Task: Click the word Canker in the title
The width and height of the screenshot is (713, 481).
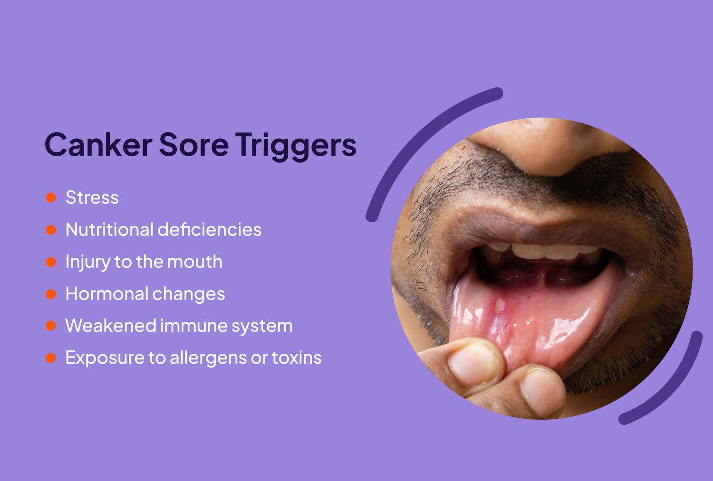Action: (x=98, y=144)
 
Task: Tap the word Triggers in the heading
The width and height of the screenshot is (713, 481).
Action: (x=295, y=145)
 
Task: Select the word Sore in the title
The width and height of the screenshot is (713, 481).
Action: (x=193, y=144)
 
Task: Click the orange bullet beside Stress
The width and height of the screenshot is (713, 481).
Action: (x=51, y=198)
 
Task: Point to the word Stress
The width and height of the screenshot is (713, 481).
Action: (x=92, y=198)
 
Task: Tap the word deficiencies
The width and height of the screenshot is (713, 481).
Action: (x=210, y=230)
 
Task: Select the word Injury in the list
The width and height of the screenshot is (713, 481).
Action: (x=87, y=262)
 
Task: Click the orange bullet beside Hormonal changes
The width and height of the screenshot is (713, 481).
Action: (x=51, y=294)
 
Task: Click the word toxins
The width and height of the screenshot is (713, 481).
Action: (x=297, y=358)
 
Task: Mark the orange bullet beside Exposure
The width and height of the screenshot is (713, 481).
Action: (x=51, y=358)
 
